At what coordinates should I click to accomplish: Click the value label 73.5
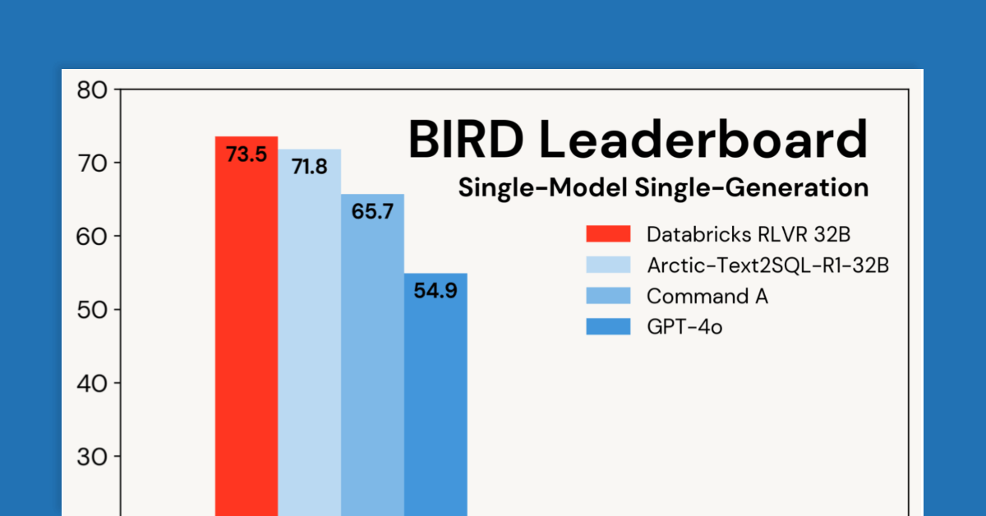(x=246, y=154)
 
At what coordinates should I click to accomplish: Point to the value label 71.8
(x=310, y=167)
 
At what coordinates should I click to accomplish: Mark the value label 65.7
(x=372, y=211)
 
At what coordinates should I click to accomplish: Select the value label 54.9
(x=435, y=291)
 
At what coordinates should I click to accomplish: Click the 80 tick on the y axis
(x=92, y=90)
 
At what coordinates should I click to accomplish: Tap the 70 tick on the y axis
(x=92, y=163)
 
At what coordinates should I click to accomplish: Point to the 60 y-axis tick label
(x=92, y=237)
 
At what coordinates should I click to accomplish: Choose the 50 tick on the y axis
(x=92, y=310)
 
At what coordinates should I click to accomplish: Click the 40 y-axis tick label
(x=92, y=383)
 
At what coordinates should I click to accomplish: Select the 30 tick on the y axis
(x=92, y=456)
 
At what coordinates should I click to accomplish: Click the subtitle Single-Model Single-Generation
(x=663, y=188)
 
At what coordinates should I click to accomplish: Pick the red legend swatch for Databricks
(x=608, y=234)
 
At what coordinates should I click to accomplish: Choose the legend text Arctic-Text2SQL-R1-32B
(x=768, y=265)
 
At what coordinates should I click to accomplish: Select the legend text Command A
(x=707, y=296)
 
